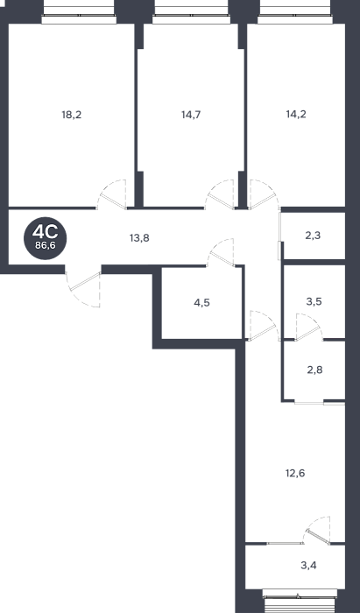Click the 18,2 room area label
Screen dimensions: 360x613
click(x=72, y=115)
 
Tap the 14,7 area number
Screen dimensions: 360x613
click(x=191, y=115)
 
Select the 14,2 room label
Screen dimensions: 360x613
click(x=296, y=114)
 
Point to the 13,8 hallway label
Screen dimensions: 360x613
click(x=139, y=237)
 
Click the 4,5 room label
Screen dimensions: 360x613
click(x=201, y=303)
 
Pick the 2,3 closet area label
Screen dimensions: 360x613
click(x=314, y=236)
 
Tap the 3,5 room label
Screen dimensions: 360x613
click(x=314, y=302)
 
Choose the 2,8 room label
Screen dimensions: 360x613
click(x=314, y=370)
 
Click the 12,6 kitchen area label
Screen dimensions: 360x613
click(x=295, y=474)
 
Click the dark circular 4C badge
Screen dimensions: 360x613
click(x=45, y=238)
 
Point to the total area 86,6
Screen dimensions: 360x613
click(x=45, y=247)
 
